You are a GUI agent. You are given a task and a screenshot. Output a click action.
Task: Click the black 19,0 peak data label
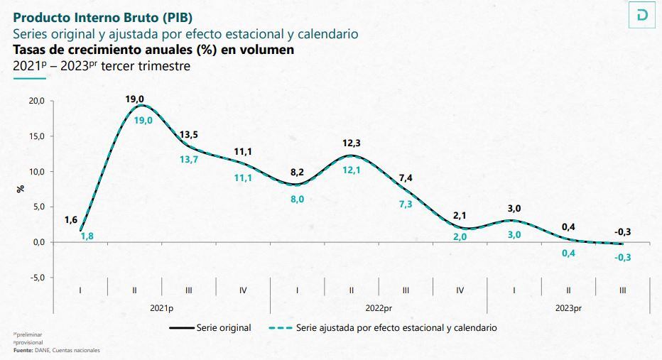click(135, 99)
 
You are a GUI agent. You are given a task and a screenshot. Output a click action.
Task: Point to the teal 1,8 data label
click(87, 236)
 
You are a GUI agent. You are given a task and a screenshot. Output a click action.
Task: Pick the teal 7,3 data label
click(406, 204)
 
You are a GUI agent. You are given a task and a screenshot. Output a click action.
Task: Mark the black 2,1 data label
click(460, 215)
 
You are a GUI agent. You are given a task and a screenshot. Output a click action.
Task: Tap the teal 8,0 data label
click(298, 200)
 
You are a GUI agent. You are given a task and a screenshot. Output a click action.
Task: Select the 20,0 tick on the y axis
click(36, 101)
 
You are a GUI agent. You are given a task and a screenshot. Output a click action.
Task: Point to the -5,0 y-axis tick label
click(36, 278)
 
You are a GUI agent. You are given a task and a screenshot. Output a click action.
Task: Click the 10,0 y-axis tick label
click(36, 172)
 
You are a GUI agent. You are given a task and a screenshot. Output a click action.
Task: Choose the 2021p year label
click(162, 308)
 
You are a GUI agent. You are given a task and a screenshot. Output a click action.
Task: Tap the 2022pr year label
click(379, 308)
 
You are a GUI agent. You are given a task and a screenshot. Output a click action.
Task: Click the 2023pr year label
click(568, 308)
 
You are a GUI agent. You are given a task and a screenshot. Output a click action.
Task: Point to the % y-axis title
click(21, 189)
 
